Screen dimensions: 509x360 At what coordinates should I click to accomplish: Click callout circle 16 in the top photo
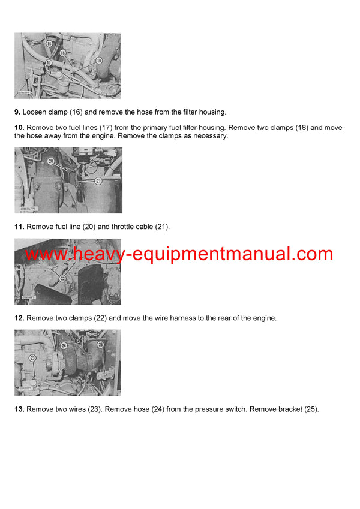click(49, 44)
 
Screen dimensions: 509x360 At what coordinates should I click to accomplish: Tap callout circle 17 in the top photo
click(48, 62)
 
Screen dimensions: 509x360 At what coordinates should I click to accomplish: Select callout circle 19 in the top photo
click(99, 61)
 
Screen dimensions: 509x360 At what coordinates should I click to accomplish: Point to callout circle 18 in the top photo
click(62, 53)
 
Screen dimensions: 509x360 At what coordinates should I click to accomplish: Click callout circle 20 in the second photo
click(50, 161)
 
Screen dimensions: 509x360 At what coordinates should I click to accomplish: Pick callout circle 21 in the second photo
click(98, 180)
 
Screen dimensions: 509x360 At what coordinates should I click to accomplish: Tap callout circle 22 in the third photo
click(62, 278)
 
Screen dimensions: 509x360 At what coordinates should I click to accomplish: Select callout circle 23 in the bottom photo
click(32, 357)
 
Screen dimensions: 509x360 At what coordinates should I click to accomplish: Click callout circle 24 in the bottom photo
click(64, 345)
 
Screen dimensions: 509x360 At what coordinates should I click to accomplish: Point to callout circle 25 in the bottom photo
click(100, 345)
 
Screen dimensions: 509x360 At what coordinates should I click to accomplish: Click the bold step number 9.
click(17, 112)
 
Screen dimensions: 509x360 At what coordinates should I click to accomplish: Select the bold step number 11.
click(19, 227)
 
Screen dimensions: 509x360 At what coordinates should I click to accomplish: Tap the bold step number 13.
click(19, 409)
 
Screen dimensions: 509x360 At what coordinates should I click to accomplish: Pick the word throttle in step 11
click(137, 227)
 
